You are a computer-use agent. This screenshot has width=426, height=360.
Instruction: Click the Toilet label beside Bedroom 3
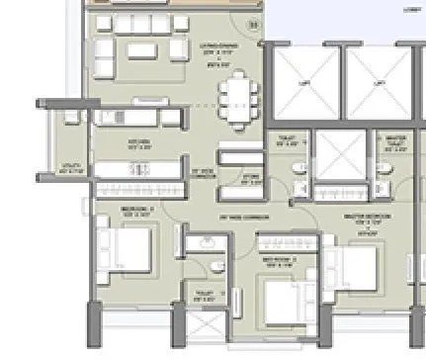click(x=205, y=294)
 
